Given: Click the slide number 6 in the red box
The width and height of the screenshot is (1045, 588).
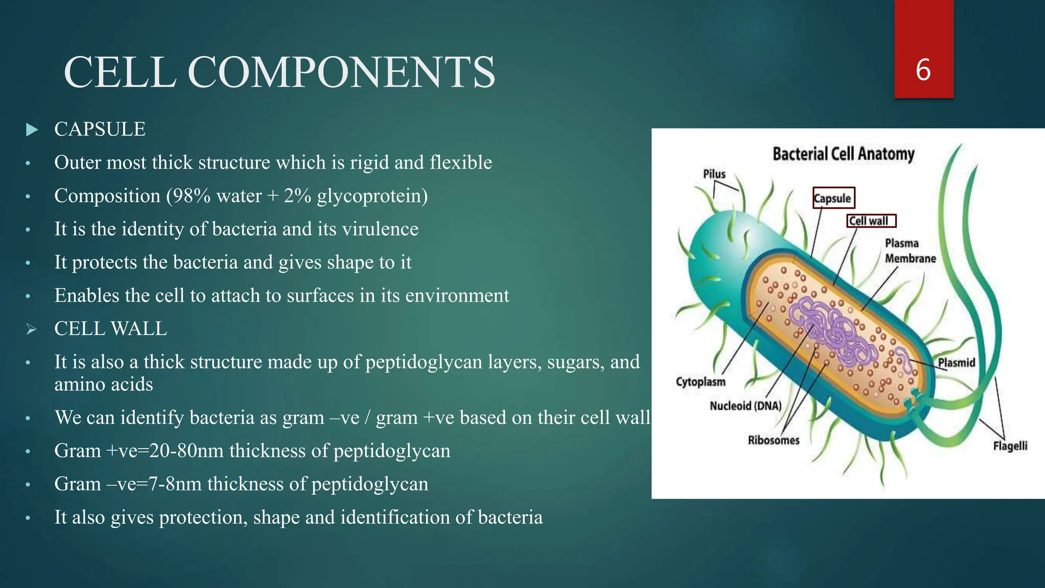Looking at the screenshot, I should pyautogui.click(x=923, y=70).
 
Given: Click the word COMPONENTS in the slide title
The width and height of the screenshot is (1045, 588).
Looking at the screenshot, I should pyautogui.click(x=341, y=72).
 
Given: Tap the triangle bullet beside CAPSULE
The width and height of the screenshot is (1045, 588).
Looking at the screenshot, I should pyautogui.click(x=32, y=130).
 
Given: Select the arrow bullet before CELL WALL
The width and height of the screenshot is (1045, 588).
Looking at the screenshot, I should pyautogui.click(x=32, y=330).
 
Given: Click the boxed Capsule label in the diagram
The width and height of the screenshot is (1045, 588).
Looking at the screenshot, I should pyautogui.click(x=833, y=198).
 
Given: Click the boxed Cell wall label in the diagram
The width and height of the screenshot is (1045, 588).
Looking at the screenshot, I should pyautogui.click(x=871, y=221).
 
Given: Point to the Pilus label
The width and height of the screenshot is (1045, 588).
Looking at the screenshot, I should pyautogui.click(x=714, y=174).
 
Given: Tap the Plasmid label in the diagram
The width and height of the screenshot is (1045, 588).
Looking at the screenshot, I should pyautogui.click(x=956, y=362).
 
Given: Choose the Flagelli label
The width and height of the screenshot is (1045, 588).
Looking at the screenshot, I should pyautogui.click(x=1010, y=446).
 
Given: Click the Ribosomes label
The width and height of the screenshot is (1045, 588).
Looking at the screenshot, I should pyautogui.click(x=774, y=440).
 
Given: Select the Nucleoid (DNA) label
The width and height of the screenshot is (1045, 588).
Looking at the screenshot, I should pyautogui.click(x=745, y=406).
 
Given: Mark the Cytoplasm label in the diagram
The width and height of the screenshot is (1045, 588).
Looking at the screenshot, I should pyautogui.click(x=701, y=382).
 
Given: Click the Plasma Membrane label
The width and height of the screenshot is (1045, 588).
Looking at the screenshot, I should pyautogui.click(x=910, y=251).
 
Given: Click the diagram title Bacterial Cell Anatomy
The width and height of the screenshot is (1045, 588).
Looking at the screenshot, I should pyautogui.click(x=843, y=154).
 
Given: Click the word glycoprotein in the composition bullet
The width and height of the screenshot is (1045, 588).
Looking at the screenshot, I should pyautogui.click(x=372, y=197).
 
